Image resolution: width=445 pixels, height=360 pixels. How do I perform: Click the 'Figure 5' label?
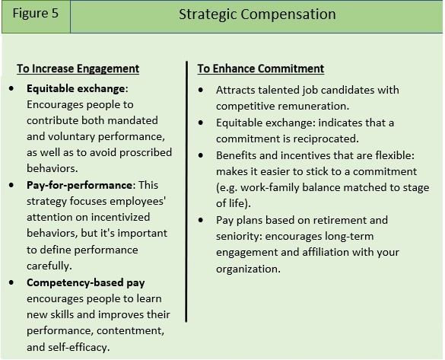pos(36,14)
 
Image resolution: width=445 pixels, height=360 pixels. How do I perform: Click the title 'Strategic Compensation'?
pos(257,14)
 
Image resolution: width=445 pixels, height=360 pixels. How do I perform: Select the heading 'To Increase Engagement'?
pos(78,68)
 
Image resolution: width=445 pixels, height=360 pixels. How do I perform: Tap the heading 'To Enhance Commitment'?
pos(261,68)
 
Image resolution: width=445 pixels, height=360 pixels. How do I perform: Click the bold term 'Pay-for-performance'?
pos(79,185)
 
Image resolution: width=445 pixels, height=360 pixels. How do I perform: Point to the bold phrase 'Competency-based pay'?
pos(86,283)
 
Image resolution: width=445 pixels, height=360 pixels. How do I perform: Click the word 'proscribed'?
pos(145,153)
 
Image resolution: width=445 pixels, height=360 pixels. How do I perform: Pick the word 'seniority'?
pos(238,236)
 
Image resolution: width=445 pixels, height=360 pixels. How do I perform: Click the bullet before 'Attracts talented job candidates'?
pos(201,90)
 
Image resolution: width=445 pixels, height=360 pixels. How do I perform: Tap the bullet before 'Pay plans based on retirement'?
pos(201,220)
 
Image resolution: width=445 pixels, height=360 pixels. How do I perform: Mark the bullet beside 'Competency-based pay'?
pos(11,282)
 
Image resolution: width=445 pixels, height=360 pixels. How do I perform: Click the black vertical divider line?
pos(186,192)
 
